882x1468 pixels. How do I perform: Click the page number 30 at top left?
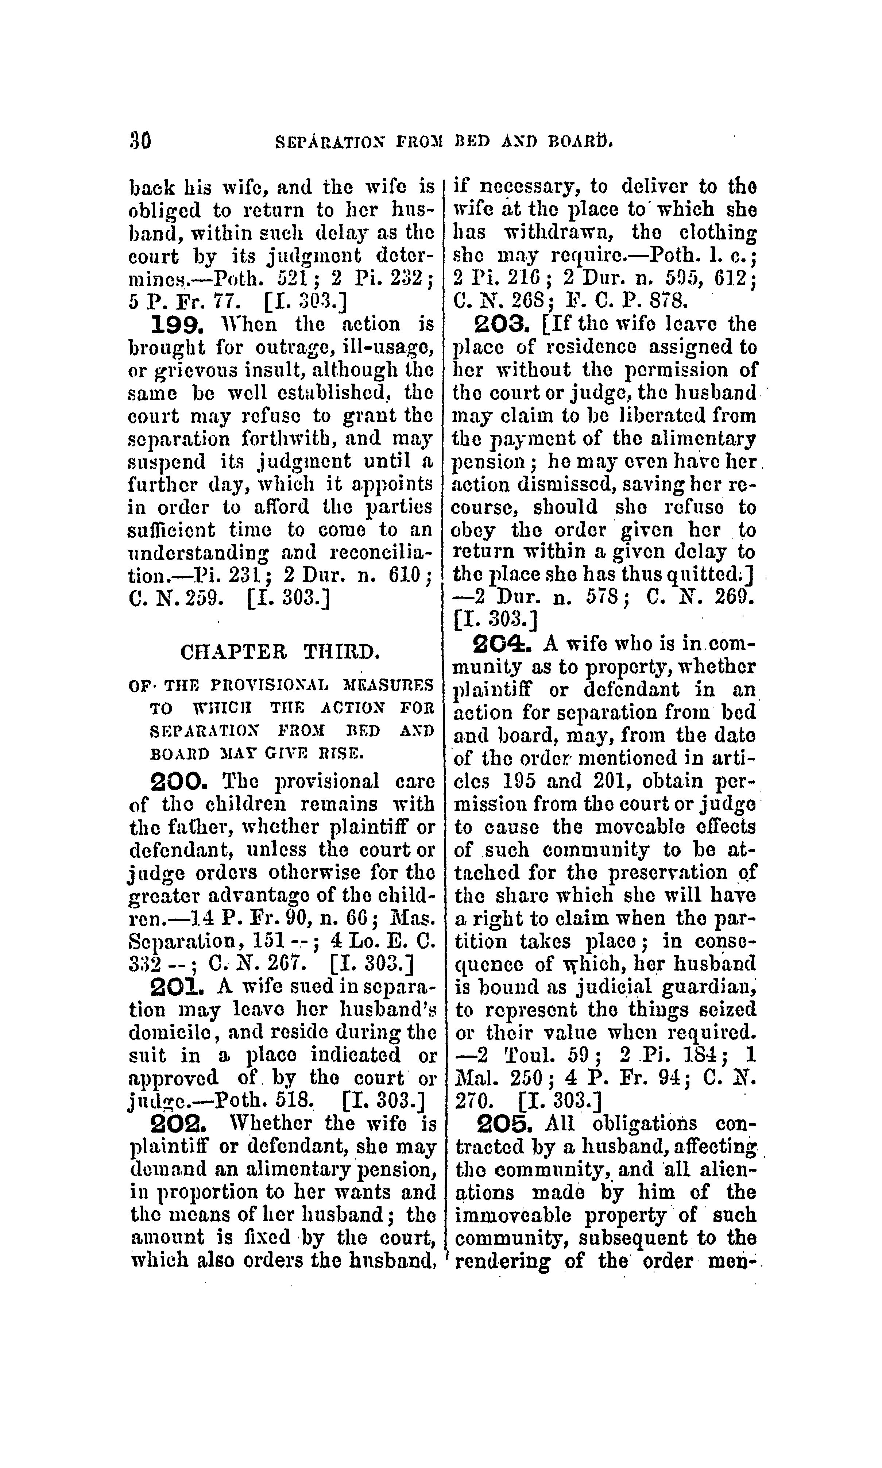[x=140, y=142]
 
